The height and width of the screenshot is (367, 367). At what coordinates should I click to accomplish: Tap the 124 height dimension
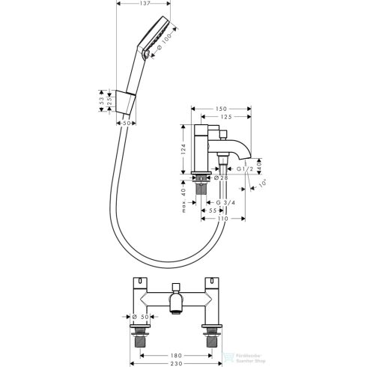click(183, 150)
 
